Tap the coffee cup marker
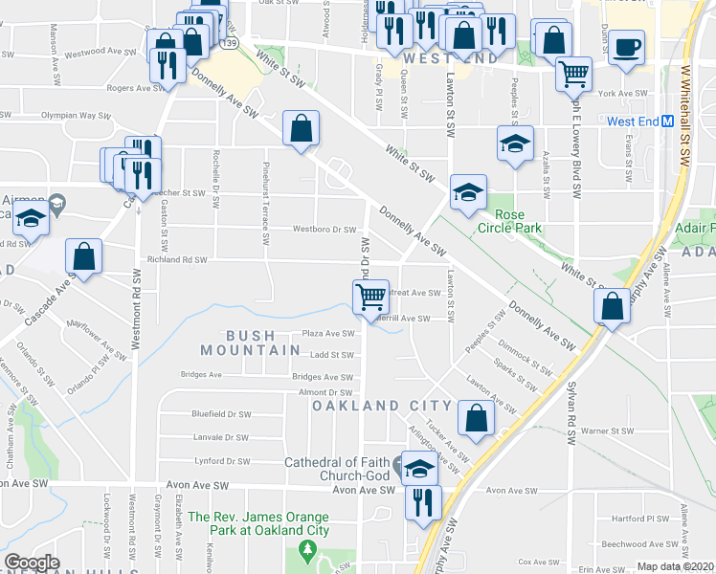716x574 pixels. point(626,47)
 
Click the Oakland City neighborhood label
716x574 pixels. point(369,406)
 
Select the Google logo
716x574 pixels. point(32,562)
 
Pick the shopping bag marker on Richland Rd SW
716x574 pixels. point(83,256)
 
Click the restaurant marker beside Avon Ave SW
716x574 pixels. point(419,501)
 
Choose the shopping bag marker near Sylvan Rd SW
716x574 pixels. point(612,306)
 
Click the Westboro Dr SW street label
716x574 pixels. point(324,230)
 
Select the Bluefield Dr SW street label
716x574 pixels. point(221,414)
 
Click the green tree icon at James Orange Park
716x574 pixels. point(307,551)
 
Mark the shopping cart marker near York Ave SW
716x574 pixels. point(573,73)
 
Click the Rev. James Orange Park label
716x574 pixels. point(258,523)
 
